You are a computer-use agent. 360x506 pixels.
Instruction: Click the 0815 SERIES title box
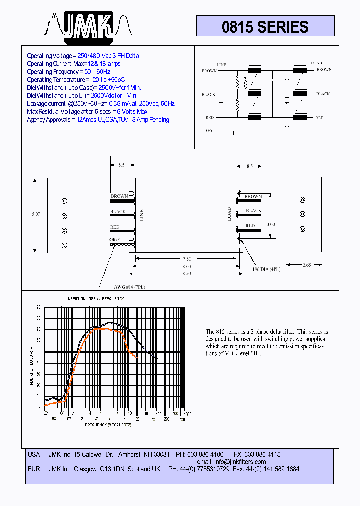point(265,26)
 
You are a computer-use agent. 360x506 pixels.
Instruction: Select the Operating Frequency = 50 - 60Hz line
point(69,72)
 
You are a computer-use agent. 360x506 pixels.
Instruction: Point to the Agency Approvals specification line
point(98,120)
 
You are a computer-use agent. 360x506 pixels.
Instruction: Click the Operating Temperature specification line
point(76,80)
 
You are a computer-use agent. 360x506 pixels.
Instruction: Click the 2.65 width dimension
point(306,265)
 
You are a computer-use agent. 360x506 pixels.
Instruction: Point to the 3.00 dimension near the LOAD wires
point(270,225)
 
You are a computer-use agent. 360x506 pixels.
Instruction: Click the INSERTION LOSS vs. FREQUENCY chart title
point(96,298)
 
